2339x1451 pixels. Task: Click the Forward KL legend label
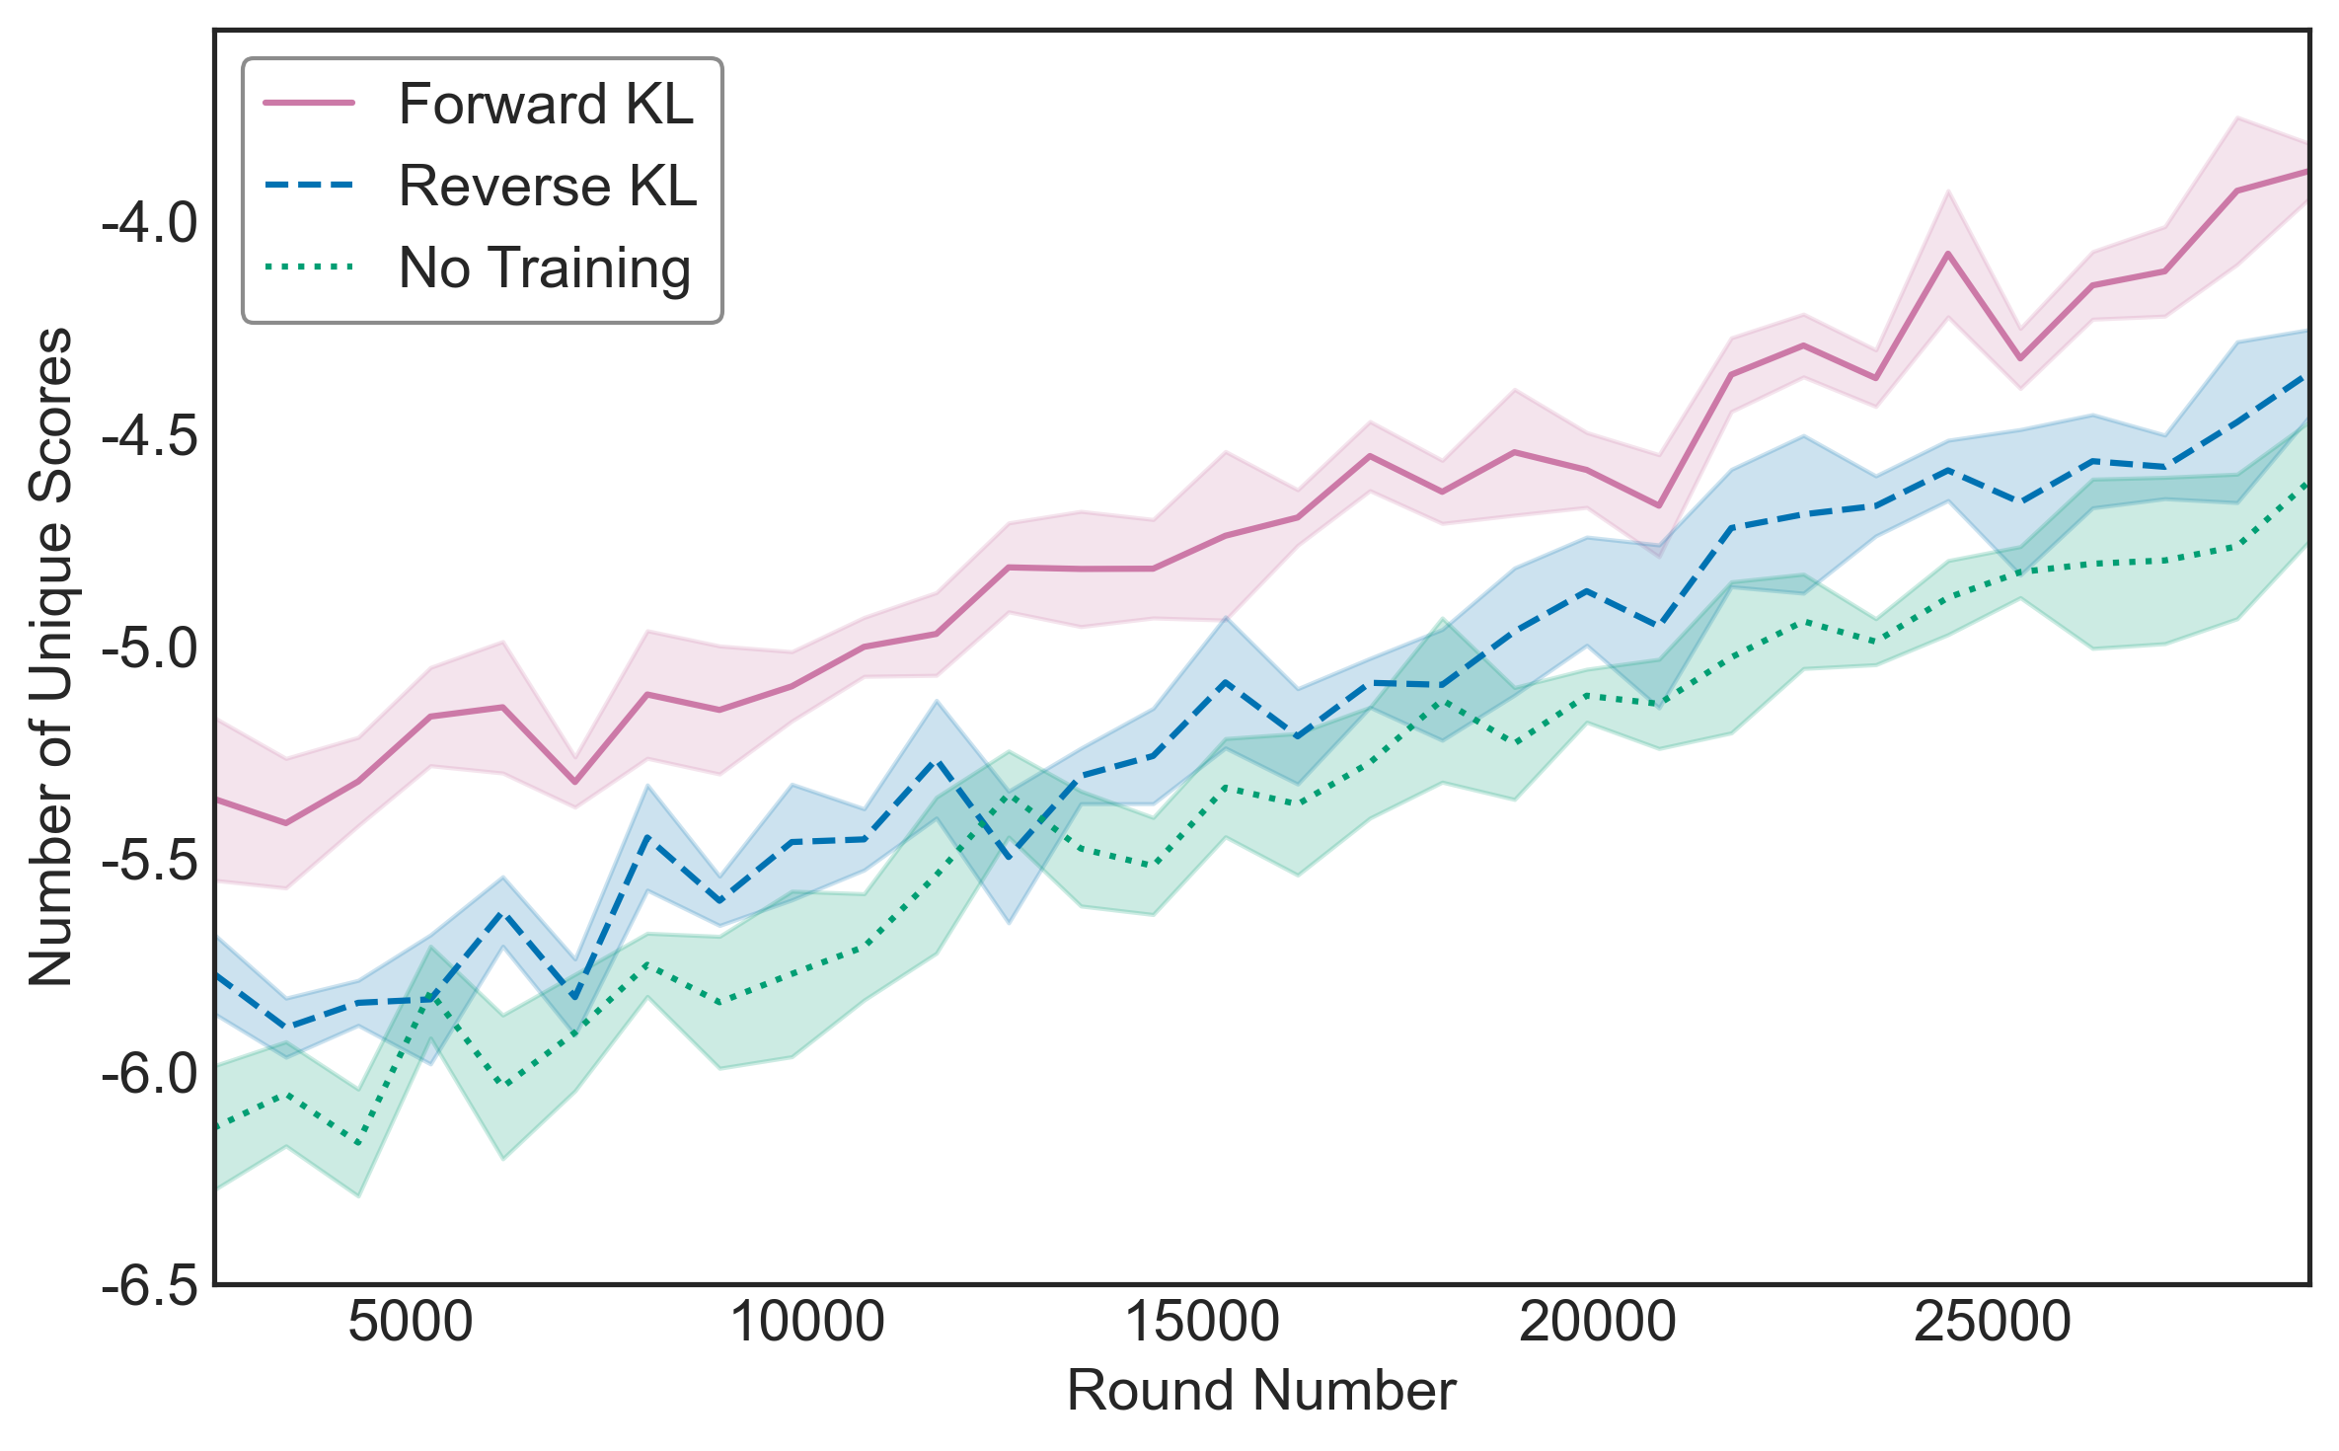pos(546,105)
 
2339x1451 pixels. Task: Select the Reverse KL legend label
pos(548,187)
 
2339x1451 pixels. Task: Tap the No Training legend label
pos(545,268)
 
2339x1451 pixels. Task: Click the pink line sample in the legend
pos(309,104)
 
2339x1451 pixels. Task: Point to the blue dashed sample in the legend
pos(309,186)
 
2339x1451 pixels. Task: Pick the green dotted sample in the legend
pos(309,267)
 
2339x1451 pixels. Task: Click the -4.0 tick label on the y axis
pos(150,224)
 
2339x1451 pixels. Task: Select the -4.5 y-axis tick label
pos(150,436)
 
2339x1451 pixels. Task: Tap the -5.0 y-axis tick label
pos(150,649)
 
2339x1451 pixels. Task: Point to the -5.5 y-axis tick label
pos(150,861)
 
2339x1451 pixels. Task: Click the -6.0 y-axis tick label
pos(150,1073)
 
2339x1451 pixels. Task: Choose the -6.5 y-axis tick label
pos(150,1285)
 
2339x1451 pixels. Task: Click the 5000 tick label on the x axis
pos(411,1322)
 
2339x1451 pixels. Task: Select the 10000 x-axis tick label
pos(807,1322)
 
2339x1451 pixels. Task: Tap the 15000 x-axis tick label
pos(1203,1322)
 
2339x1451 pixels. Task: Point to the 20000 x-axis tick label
pos(1599,1322)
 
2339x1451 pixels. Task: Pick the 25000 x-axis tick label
pos(1994,1322)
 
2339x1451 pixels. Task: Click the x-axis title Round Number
pos(1261,1392)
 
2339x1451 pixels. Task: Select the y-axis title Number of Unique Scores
pos(51,656)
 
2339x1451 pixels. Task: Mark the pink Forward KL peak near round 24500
pos(1948,253)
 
